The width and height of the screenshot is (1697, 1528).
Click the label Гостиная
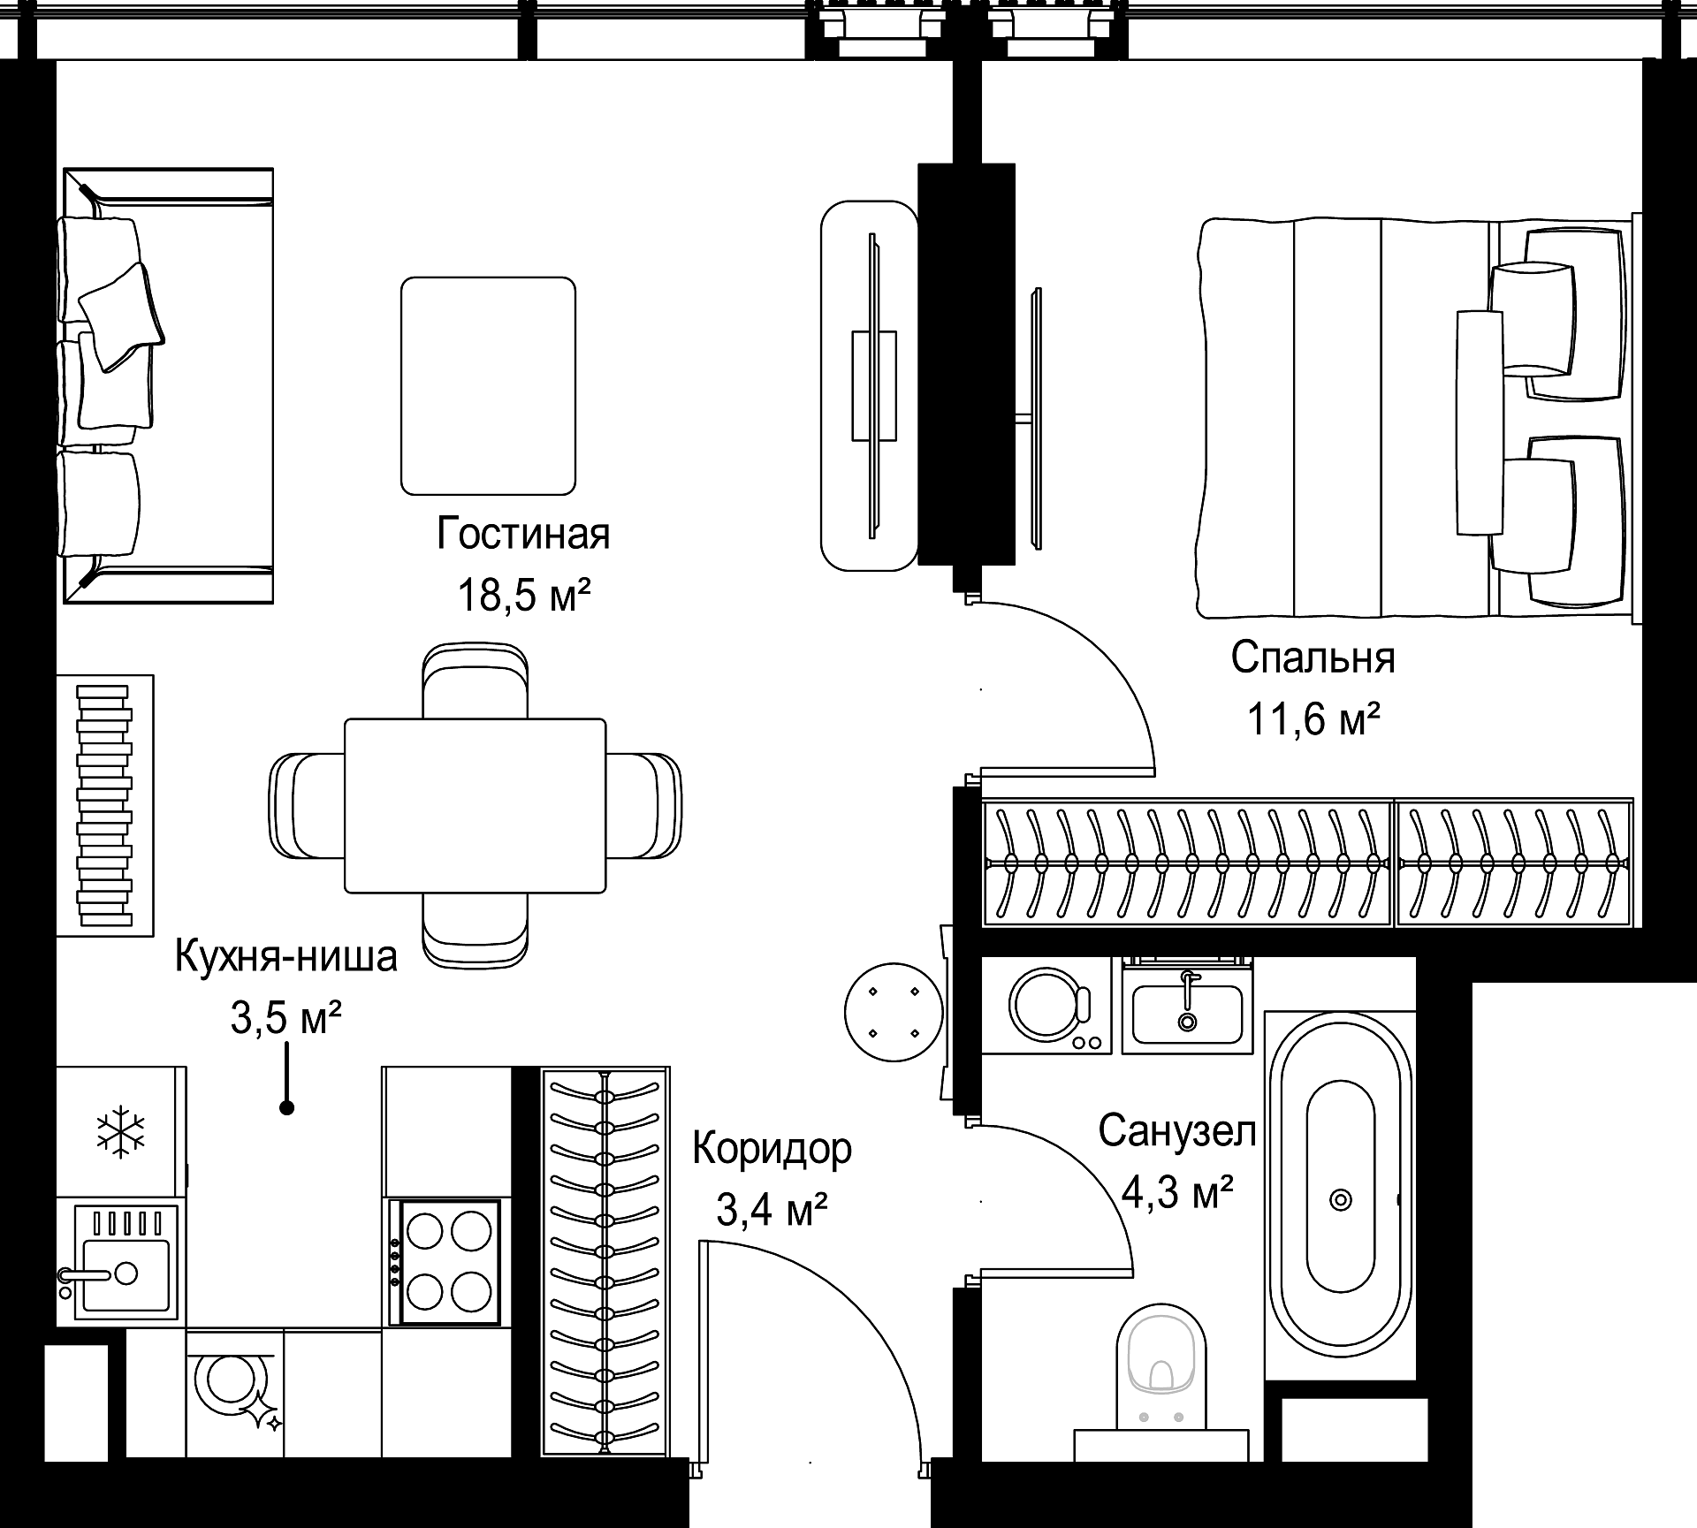point(523,535)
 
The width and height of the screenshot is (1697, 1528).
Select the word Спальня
point(1313,658)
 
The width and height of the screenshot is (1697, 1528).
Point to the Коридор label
point(772,1150)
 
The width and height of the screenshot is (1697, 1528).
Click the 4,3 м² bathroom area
point(1177,1193)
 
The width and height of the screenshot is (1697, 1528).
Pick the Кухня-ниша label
point(286,957)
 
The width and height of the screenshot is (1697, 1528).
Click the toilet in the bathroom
point(1161,1383)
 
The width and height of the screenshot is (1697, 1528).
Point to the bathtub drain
point(1341,1200)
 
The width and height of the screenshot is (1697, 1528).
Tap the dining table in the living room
point(475,805)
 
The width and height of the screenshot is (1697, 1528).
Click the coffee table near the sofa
point(488,385)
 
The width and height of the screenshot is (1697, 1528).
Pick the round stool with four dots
point(894,1012)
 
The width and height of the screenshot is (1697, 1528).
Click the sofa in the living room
point(168,385)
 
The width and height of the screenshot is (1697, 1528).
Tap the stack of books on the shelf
point(104,805)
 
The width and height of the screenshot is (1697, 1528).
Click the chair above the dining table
point(476,680)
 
